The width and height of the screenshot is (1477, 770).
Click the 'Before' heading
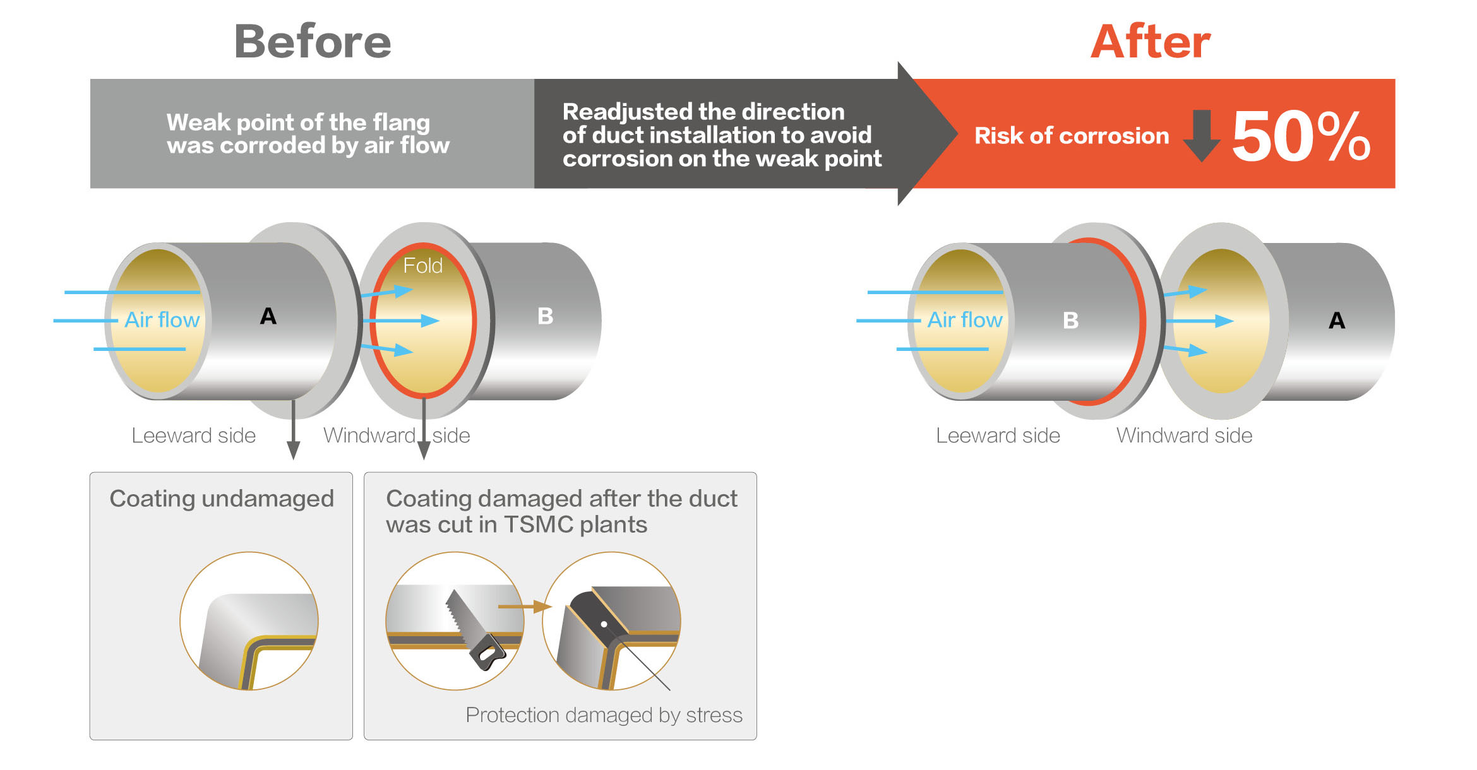tap(313, 42)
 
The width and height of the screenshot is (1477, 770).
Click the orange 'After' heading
tap(1151, 42)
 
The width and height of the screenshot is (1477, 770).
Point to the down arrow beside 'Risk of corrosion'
tap(1201, 135)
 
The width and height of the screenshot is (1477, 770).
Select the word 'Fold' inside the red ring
tap(423, 266)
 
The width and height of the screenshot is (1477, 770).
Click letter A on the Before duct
tap(268, 316)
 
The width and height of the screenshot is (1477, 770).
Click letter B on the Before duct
tap(546, 316)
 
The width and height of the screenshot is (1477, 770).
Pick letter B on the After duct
tap(1071, 320)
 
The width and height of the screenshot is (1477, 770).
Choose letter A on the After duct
tap(1337, 320)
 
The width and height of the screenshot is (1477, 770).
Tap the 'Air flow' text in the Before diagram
tap(162, 319)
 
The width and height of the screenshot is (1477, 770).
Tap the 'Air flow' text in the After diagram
tap(965, 319)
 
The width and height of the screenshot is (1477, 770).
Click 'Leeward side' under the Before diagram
tap(194, 435)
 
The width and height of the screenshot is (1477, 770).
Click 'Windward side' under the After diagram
tap(1185, 435)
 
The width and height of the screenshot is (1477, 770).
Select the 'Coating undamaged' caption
tap(222, 499)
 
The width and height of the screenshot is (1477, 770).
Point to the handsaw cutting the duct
tap(474, 630)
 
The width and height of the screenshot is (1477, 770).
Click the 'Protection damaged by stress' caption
tap(604, 715)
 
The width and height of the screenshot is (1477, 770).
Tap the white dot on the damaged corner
tap(604, 624)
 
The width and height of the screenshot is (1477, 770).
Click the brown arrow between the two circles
tap(525, 607)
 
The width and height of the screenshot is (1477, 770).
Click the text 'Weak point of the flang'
tap(298, 122)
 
